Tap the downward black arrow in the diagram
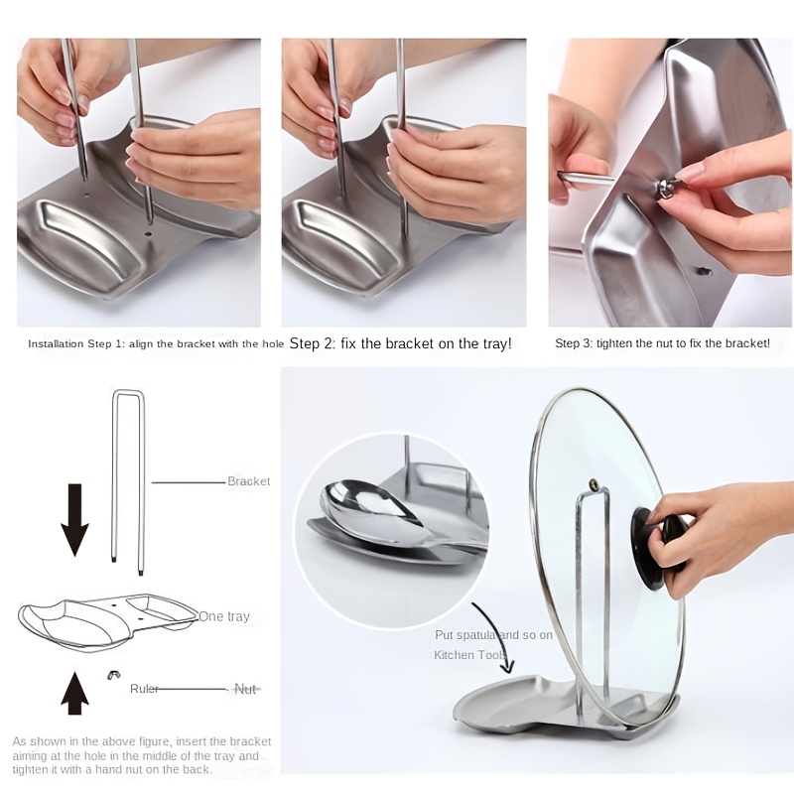tap(74, 518)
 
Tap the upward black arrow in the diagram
tap(74, 692)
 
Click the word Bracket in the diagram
tap(248, 481)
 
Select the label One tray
tap(224, 616)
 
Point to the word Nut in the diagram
tap(245, 689)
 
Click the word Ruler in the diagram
tap(144, 689)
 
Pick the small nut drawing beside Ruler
tap(113, 675)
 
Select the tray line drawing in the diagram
tap(109, 620)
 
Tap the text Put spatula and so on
tap(493, 635)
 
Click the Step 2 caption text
tap(400, 343)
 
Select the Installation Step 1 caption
tap(155, 343)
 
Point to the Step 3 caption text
tap(662, 343)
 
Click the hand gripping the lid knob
tap(729, 531)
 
